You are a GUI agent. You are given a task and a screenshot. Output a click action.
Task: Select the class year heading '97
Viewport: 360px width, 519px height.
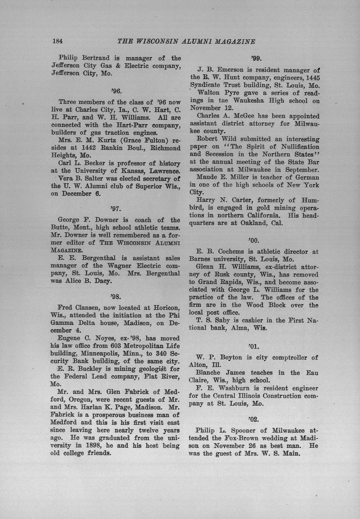[x=116, y=208]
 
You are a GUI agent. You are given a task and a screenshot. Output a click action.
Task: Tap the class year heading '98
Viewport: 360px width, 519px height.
[x=116, y=296]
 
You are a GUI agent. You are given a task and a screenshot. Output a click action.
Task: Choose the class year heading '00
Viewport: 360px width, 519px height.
[x=254, y=240]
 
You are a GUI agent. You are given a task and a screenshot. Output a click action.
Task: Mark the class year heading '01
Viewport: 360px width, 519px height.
[x=254, y=346]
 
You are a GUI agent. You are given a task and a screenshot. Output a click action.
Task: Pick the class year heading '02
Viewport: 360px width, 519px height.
[x=254, y=419]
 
